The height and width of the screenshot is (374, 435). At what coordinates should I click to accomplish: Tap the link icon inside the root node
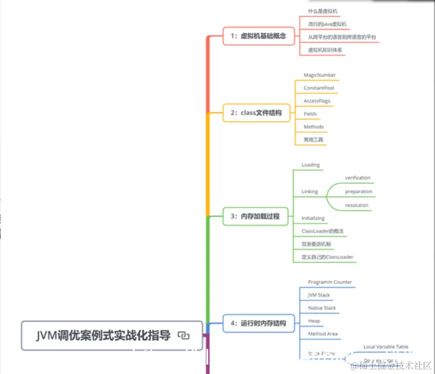click(183, 336)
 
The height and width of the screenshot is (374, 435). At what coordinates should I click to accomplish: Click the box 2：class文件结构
click(256, 113)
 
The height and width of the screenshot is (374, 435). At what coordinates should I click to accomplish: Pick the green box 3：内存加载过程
click(255, 216)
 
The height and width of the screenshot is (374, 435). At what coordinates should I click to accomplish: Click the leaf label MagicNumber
click(320, 75)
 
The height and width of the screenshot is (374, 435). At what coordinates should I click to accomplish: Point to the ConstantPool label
click(319, 88)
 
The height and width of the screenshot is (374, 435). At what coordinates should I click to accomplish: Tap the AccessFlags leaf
click(317, 101)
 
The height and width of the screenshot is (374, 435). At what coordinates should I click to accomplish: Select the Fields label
click(310, 114)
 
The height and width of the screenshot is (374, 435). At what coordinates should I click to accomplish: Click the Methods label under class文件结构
click(313, 127)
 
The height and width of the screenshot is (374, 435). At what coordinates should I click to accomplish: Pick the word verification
click(357, 178)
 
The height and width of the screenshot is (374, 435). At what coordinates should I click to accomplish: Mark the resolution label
click(356, 205)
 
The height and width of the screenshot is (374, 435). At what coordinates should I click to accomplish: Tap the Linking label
click(309, 192)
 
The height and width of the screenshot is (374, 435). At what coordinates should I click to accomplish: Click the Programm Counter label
click(330, 283)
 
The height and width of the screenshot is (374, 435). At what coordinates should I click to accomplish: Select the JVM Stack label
click(319, 295)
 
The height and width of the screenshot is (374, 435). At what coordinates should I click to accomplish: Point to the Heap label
click(313, 321)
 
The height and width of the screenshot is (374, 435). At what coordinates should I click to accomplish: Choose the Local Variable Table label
click(385, 347)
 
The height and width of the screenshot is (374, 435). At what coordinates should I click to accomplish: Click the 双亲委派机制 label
click(316, 244)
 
